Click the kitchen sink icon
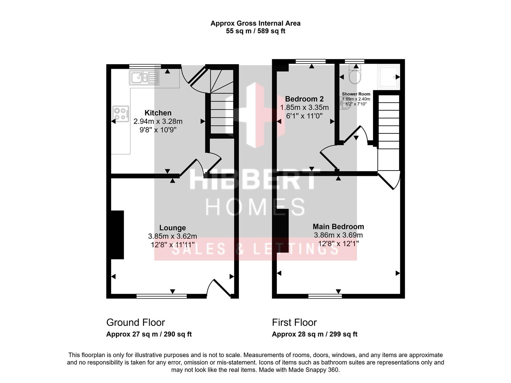pyautogui.click(x=144, y=77)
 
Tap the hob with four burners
pyautogui.click(x=121, y=114)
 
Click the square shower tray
pyautogui.click(x=389, y=77)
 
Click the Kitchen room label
pyautogui.click(x=158, y=113)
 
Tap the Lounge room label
pyautogui.click(x=172, y=228)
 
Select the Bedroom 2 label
pyautogui.click(x=304, y=99)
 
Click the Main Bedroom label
pyautogui.click(x=338, y=226)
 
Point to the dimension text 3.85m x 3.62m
pyautogui.click(x=172, y=236)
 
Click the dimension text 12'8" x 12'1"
pyautogui.click(x=338, y=244)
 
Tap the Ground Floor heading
pyautogui.click(x=136, y=322)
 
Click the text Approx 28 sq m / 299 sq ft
pyautogui.click(x=314, y=334)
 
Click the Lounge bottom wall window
pyautogui.click(x=161, y=296)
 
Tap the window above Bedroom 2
pyautogui.click(x=311, y=61)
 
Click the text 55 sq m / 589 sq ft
pyautogui.click(x=255, y=31)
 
